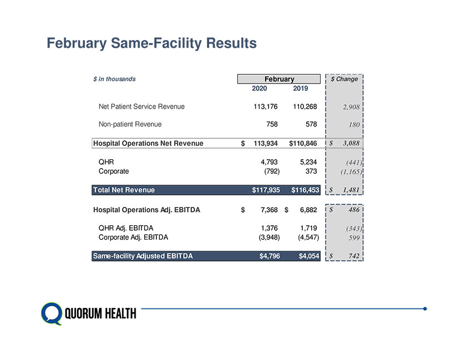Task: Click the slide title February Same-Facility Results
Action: click(151, 43)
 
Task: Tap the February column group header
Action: click(278, 79)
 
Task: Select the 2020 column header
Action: click(259, 88)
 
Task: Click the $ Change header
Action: click(344, 79)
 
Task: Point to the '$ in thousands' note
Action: click(114, 79)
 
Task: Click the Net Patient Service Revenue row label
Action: click(141, 107)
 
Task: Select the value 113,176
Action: click(265, 107)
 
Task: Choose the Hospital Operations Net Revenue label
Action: click(148, 144)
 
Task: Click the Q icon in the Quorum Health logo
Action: click(51, 313)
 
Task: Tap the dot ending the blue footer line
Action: click(424, 308)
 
